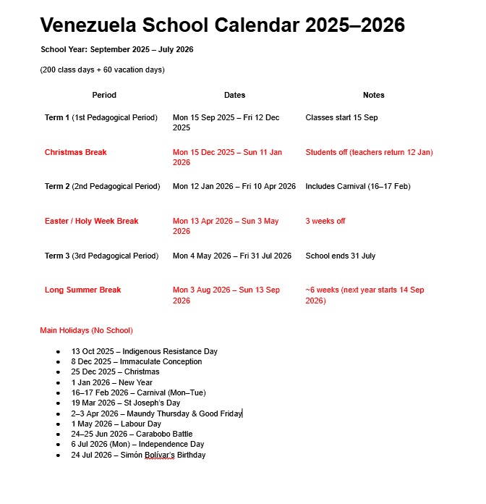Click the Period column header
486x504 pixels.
[104, 95]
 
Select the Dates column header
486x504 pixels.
[234, 95]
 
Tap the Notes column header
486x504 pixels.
[373, 95]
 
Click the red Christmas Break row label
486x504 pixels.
[75, 152]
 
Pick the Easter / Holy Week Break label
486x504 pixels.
[91, 221]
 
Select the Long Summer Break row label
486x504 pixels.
[82, 290]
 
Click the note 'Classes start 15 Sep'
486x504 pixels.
[341, 117]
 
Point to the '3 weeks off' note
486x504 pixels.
[325, 221]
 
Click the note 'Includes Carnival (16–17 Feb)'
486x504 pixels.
[357, 186]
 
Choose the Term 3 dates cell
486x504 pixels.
[231, 256]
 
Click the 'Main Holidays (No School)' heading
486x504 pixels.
[86, 330]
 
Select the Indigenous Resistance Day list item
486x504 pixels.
[144, 351]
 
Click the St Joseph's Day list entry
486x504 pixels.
[125, 403]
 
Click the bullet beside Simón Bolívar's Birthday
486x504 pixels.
[58, 455]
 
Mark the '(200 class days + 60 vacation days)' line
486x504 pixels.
[102, 70]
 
